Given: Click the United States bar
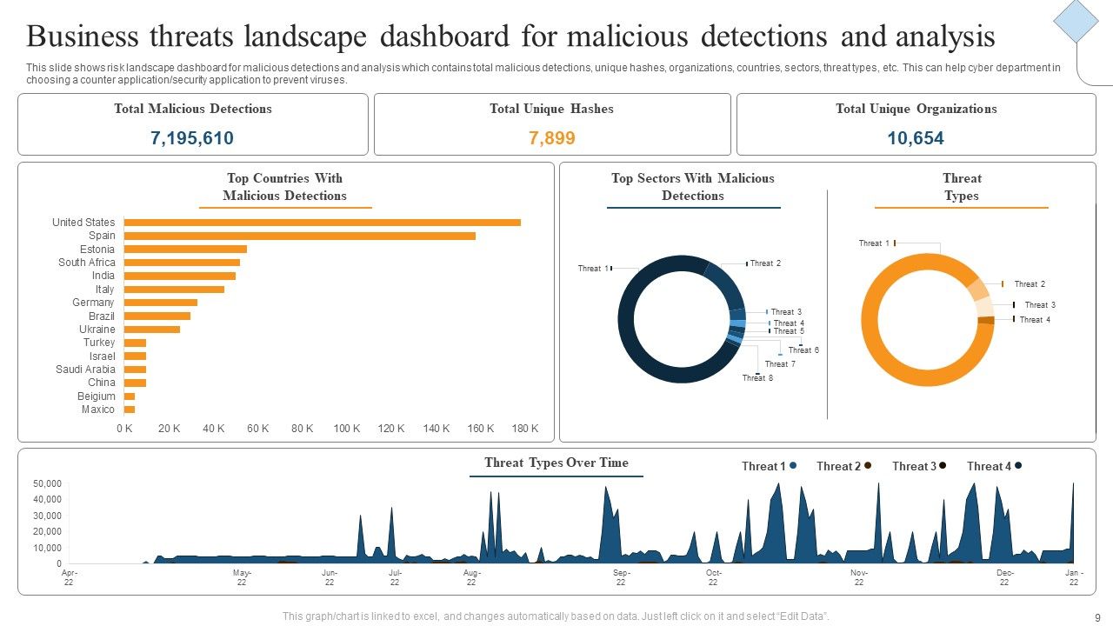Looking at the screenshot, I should click(322, 223).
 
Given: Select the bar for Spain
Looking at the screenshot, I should click(299, 236).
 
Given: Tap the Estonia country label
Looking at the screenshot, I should click(97, 250).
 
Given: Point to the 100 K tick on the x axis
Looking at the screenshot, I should click(346, 429).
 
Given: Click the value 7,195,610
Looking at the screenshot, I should click(192, 138).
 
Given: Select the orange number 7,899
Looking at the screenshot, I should click(552, 138).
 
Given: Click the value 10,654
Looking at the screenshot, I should click(916, 138).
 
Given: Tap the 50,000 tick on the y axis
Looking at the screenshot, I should click(47, 483).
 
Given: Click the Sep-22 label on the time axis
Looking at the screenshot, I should click(621, 577).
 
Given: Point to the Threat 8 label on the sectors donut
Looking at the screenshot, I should click(757, 378).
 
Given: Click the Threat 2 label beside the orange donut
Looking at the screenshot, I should click(1030, 284).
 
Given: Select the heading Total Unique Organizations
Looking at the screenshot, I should click(916, 109).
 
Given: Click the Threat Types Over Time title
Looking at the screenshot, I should click(556, 463).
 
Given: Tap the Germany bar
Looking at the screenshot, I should click(160, 303).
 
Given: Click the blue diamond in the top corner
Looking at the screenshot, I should click(1076, 20).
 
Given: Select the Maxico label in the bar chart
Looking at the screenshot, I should click(98, 410).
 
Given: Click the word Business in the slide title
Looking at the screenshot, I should click(83, 37).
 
